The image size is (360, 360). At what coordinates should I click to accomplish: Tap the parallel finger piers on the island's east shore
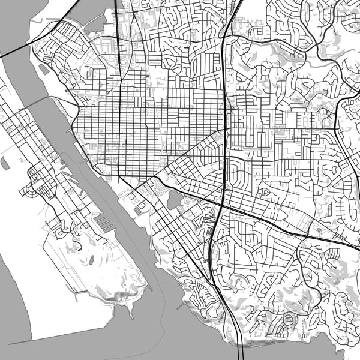point(103,223)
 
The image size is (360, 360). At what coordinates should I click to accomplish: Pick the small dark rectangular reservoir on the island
point(91,260)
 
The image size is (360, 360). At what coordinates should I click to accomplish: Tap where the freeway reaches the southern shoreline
point(240,344)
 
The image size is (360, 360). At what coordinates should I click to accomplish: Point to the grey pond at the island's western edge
point(5,162)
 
